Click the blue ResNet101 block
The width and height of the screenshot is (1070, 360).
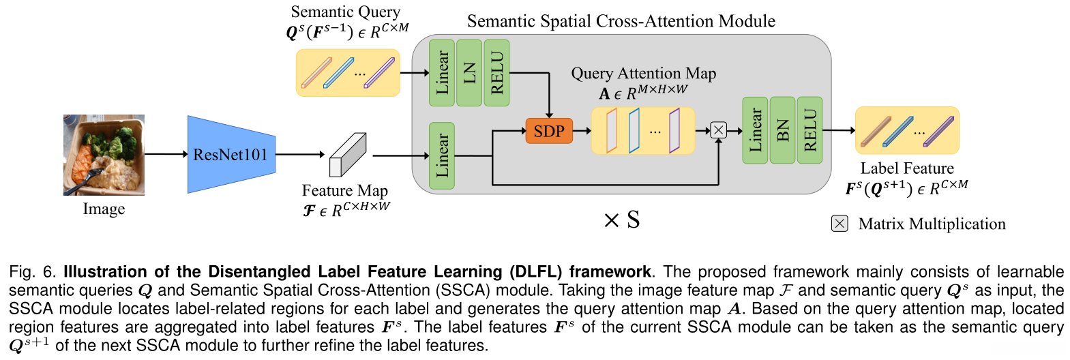coord(232,154)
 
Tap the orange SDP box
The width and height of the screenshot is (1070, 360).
coord(549,130)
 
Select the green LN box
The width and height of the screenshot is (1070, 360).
coord(469,72)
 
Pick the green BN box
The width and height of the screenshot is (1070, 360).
coord(782,130)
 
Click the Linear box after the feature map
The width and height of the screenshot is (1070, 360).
coord(442,155)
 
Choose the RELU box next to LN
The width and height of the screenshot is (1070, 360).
coord(496,72)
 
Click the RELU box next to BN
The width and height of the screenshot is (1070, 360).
coord(810,130)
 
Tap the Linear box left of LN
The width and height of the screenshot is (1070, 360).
coord(442,72)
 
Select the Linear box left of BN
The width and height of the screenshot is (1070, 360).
coord(755,130)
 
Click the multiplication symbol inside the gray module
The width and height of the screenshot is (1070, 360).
coord(718,130)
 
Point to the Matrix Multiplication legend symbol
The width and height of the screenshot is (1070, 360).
coord(839,224)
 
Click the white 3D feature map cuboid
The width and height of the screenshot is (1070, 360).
coord(348,155)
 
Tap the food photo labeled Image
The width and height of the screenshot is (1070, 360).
coord(104,155)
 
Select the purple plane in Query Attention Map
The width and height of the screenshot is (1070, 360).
coord(674,130)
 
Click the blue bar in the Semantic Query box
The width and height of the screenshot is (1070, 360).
coord(339,72)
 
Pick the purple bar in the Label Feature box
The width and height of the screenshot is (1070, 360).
coord(938,132)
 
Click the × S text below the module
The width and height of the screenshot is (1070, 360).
coord(621,220)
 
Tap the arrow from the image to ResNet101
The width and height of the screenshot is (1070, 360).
coord(166,153)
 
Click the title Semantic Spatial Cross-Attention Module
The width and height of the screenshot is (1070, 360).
coord(621,21)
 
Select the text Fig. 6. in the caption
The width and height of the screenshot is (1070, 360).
coord(32,271)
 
